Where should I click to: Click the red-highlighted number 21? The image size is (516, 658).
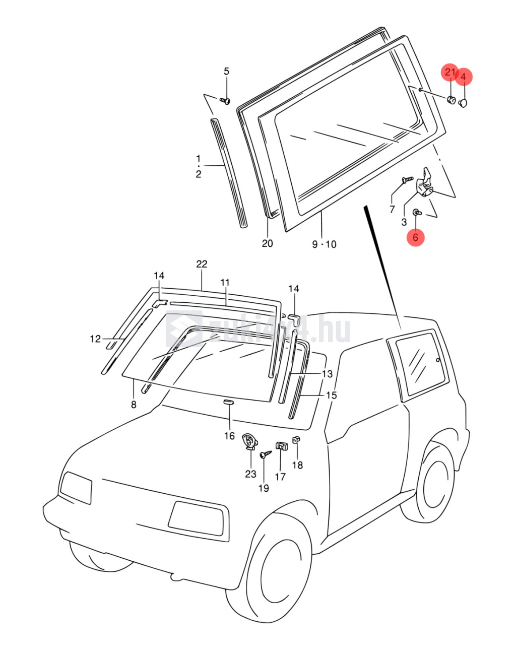point(449,73)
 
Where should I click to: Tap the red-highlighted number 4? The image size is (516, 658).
point(464,77)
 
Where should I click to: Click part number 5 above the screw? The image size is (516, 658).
point(226,71)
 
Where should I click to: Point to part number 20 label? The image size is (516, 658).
point(267,243)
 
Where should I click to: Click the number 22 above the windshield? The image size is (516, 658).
point(202,264)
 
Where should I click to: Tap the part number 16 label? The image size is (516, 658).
point(229,436)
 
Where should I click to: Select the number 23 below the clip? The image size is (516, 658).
point(250,474)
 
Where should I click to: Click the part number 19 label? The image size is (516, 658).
point(264,488)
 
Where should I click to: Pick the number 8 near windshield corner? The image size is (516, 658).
point(134,404)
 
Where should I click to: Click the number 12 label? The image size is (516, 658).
point(95,339)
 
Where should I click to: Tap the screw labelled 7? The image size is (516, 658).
point(407,179)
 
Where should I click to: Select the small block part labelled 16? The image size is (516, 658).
point(229,402)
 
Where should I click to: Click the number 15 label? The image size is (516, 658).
point(331,396)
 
